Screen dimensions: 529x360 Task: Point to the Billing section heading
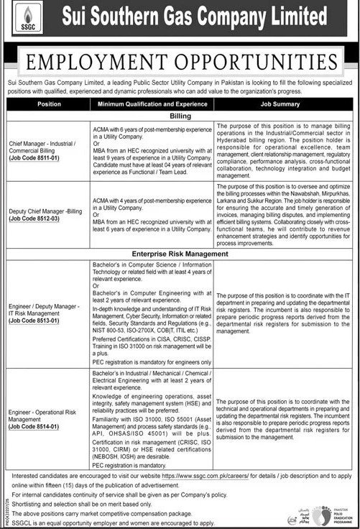click(180, 114)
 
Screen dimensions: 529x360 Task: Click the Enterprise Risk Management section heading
click(180, 254)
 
